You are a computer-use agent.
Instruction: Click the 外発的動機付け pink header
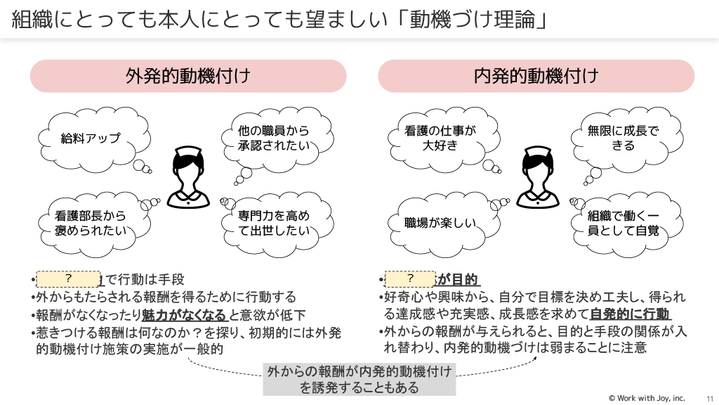tap(188, 76)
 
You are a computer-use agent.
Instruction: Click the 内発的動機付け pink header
tap(536, 76)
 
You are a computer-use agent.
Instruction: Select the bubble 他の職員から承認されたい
tap(273, 138)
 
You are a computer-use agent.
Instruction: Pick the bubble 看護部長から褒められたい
tap(91, 223)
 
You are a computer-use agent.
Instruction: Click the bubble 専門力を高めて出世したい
tap(273, 223)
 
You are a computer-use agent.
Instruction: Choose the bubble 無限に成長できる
tap(624, 138)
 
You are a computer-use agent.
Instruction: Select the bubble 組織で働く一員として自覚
tap(624, 223)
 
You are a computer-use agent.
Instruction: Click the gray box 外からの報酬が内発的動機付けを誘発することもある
tap(359, 380)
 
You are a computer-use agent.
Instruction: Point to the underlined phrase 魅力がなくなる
tap(185, 314)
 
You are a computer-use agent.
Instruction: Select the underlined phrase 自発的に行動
tap(630, 314)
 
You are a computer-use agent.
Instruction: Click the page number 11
tap(708, 398)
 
